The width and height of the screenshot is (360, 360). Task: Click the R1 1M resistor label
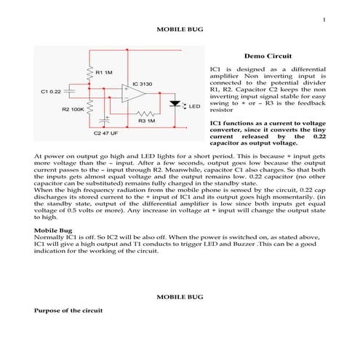click(103, 72)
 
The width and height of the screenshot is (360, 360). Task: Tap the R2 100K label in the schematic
click(73, 109)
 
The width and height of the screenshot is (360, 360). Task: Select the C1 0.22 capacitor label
click(50, 92)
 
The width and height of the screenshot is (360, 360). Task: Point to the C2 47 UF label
click(106, 134)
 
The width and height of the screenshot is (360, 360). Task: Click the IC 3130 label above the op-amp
click(143, 84)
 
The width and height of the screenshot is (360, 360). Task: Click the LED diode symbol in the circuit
click(175, 103)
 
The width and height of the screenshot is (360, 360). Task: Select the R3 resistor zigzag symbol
click(148, 113)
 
